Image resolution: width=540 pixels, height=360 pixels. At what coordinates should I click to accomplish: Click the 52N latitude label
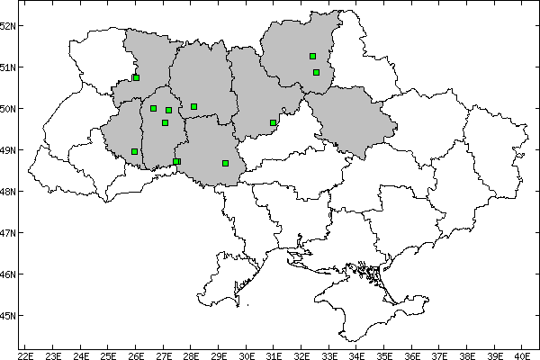click(8, 25)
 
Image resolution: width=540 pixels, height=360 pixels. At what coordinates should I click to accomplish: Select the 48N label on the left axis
click(8, 191)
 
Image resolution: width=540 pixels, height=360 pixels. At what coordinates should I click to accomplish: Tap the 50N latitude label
click(8, 108)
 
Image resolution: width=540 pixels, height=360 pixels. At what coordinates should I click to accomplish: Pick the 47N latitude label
click(8, 232)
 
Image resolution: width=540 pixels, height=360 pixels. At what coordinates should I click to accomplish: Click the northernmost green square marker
click(312, 57)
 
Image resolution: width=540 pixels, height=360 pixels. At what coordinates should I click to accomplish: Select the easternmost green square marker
click(317, 72)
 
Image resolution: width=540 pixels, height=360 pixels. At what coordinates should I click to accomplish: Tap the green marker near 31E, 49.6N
click(273, 122)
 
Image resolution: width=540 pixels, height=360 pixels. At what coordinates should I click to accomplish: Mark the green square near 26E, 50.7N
click(136, 77)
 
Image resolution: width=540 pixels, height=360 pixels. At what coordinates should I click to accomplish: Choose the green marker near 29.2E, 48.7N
click(225, 163)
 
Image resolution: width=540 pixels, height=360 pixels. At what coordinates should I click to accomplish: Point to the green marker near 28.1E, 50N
click(193, 106)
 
